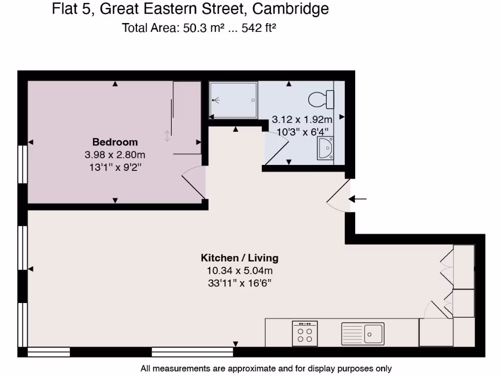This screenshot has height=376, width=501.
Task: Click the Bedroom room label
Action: pyautogui.click(x=115, y=142)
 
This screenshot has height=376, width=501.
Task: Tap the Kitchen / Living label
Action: pyautogui.click(x=239, y=258)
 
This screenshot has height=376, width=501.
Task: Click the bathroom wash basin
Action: pyautogui.click(x=325, y=148)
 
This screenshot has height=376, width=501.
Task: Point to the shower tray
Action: pyautogui.click(x=233, y=100)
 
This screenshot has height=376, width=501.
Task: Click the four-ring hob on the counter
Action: pyautogui.click(x=305, y=333)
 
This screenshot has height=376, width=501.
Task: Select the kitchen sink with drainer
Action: pyautogui.click(x=363, y=333)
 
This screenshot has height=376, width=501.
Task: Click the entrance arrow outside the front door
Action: pyautogui.click(x=358, y=199)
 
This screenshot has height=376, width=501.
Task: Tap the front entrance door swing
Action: pyautogui.click(x=339, y=196)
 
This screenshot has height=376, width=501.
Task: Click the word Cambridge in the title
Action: pyautogui.click(x=291, y=9)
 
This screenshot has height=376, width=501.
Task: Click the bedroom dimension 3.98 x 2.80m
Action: pyautogui.click(x=115, y=155)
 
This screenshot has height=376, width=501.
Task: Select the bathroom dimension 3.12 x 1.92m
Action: pyautogui.click(x=302, y=119)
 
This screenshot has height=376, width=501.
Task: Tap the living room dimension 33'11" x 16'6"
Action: pyautogui.click(x=239, y=282)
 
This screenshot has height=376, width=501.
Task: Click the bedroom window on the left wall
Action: pyautogui.click(x=23, y=164)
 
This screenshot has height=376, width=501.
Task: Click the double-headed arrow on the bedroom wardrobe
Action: pyautogui.click(x=167, y=136)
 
